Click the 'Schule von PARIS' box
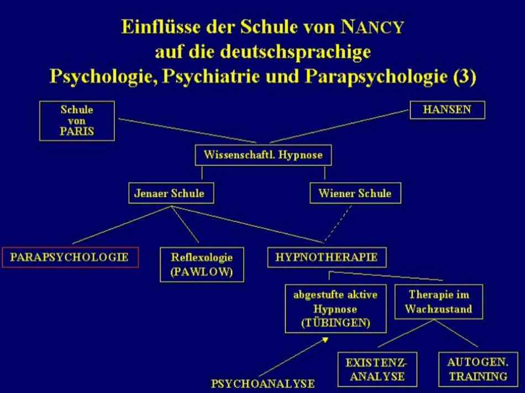pyautogui.click(x=77, y=121)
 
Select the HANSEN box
pyautogui.click(x=447, y=110)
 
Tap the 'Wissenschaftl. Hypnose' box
pyautogui.click(x=263, y=155)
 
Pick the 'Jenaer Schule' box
pyautogui.click(x=171, y=193)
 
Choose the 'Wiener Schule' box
pyautogui.click(x=355, y=193)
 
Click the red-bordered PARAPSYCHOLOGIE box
pyautogui.click(x=70, y=257)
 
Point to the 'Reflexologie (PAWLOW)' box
pyautogui.click(x=202, y=264)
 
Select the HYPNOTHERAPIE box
pyautogui.click(x=327, y=257)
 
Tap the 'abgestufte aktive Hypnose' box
pyautogui.click(x=335, y=309)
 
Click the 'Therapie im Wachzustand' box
pyautogui.click(x=439, y=302)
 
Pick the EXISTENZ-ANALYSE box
pyautogui.click(x=377, y=369)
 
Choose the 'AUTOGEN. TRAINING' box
pyautogui.click(x=478, y=369)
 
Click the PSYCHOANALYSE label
pyautogui.click(x=263, y=383)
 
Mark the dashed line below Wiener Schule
pyautogui.click(x=338, y=224)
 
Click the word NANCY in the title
pyautogui.click(x=372, y=26)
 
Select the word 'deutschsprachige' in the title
pyautogui.click(x=296, y=52)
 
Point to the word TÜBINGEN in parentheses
pyautogui.click(x=335, y=323)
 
